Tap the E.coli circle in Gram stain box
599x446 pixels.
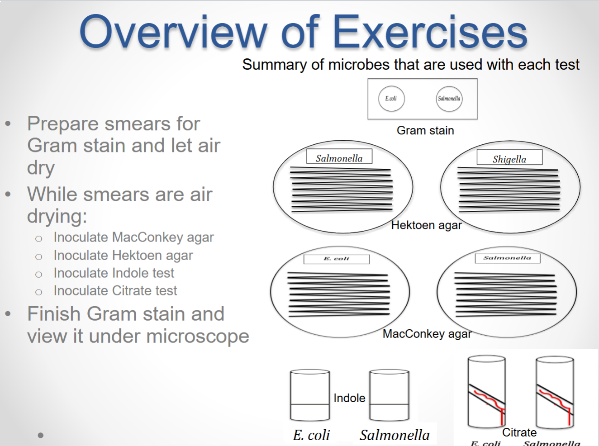391,99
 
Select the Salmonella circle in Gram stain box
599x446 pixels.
449,99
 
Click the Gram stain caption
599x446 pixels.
425,131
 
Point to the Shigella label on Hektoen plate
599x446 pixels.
509,159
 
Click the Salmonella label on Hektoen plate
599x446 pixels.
339,158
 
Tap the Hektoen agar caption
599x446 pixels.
426,225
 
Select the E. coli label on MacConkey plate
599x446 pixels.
337,259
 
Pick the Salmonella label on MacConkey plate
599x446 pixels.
507,258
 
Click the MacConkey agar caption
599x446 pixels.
427,334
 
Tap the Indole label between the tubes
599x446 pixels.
349,398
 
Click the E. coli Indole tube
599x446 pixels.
310,395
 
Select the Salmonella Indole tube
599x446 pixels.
389,395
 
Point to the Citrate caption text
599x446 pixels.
519,432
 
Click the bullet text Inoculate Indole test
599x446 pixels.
114,273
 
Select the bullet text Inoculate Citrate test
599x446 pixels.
115,291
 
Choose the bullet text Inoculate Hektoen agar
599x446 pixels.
123,256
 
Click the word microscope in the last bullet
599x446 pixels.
198,336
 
